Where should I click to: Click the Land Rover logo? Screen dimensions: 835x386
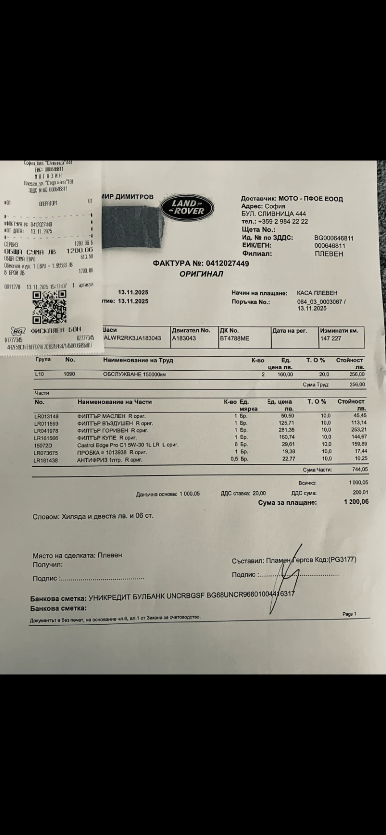tap(188, 207)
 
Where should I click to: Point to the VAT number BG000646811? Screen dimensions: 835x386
tap(334, 238)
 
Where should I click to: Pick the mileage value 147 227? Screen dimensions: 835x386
tap(331, 338)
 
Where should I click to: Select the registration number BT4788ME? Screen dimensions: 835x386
tap(234, 338)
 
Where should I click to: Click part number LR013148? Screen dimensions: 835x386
tap(46, 416)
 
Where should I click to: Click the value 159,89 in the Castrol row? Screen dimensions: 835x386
tap(357, 444)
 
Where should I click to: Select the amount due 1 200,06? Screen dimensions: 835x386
tap(356, 502)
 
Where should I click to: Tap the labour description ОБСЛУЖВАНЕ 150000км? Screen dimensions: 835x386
tap(134, 374)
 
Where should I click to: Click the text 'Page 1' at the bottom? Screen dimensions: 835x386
tap(349, 614)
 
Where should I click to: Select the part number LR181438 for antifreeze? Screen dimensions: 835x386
tap(46, 460)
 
